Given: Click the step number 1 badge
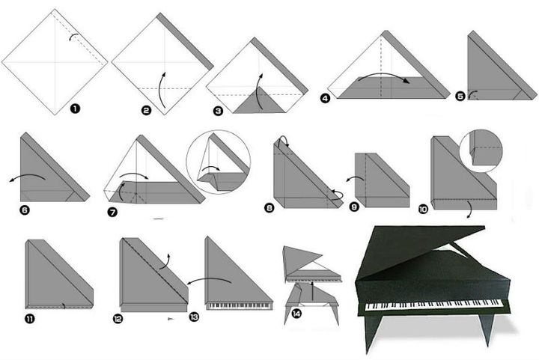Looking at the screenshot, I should (x=75, y=109).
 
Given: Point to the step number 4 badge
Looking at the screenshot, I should (x=324, y=97).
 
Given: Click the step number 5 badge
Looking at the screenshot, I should (x=460, y=96).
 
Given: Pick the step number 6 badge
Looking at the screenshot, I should (x=24, y=210).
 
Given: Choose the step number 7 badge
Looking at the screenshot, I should (x=112, y=212).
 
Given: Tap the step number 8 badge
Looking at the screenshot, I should (x=269, y=207).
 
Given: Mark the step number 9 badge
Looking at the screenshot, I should (x=354, y=210).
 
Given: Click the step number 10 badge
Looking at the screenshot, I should (x=424, y=210).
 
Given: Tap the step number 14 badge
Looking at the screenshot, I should (x=296, y=314).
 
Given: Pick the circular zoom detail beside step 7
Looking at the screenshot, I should (x=219, y=162).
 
